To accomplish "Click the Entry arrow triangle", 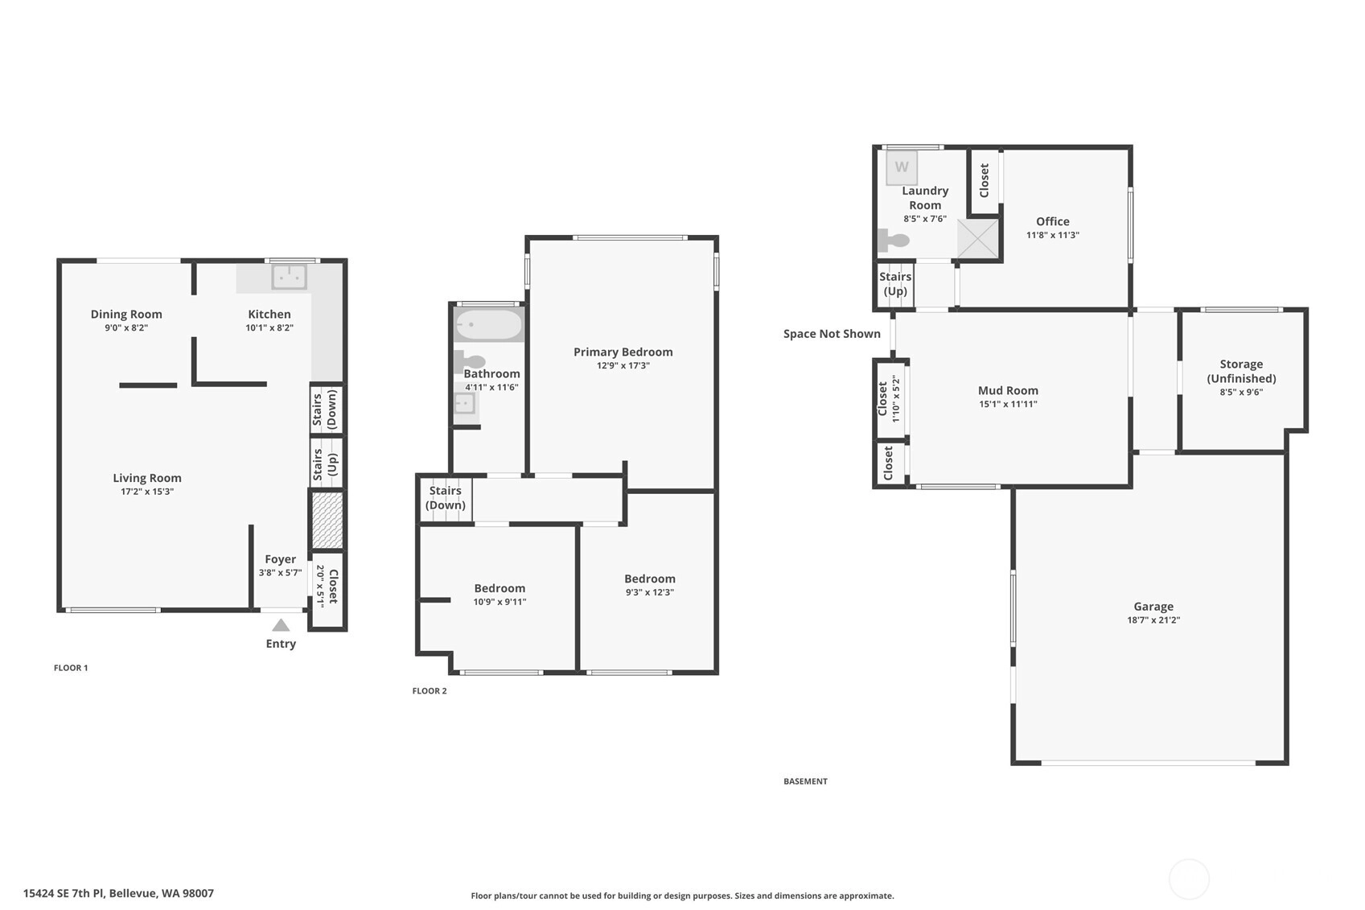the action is click(280, 625).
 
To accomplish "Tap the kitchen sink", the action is click(289, 278).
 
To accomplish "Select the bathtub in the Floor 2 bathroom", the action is click(489, 324).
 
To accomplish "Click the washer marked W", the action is click(902, 167).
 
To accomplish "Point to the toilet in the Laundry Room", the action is click(894, 240).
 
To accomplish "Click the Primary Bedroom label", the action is click(623, 352).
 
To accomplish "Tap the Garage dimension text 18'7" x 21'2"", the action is click(1153, 620).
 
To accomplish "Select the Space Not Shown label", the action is click(832, 333).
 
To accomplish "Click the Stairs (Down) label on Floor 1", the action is click(325, 410).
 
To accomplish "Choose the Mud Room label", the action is click(1008, 390).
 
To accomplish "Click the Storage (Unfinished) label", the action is click(1241, 371).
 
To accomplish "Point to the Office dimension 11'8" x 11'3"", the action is click(1052, 235).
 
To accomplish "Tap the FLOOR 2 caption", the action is click(430, 690).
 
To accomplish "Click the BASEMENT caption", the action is click(806, 780).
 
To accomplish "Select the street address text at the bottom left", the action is click(118, 893).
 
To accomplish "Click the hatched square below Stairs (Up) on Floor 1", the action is click(327, 520).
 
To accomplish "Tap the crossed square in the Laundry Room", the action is click(977, 238).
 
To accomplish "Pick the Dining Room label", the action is click(126, 314).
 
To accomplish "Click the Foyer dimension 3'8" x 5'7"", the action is click(280, 572).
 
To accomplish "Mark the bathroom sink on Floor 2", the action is click(465, 403).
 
